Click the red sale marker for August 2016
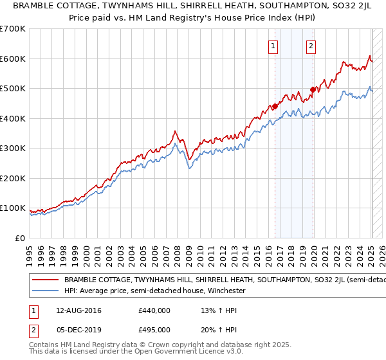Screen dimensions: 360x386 (275, 106)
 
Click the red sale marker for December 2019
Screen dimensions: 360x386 (313, 89)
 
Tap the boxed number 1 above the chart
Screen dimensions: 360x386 (273, 46)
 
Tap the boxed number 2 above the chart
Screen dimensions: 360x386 (311, 46)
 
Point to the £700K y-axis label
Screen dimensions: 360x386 (13, 29)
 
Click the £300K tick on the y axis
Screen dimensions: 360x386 (13, 148)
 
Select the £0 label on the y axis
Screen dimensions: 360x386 (21, 238)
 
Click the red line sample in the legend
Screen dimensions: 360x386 (44, 280)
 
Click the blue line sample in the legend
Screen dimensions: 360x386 (44, 291)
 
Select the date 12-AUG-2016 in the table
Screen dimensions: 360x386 (75, 311)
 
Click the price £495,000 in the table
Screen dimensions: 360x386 (154, 329)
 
